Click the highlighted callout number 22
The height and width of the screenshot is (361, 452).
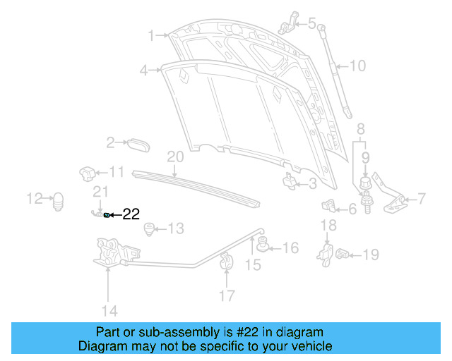click(132, 214)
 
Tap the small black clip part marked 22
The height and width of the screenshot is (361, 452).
click(107, 214)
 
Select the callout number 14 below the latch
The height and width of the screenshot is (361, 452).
click(108, 310)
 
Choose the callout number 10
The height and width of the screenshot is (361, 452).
click(358, 66)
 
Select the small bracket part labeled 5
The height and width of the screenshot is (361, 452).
click(287, 23)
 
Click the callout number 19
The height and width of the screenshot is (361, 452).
click(371, 255)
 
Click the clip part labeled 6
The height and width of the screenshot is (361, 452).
click(329, 207)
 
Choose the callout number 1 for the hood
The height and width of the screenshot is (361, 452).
click(151, 35)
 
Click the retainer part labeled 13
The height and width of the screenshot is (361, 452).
click(149, 228)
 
